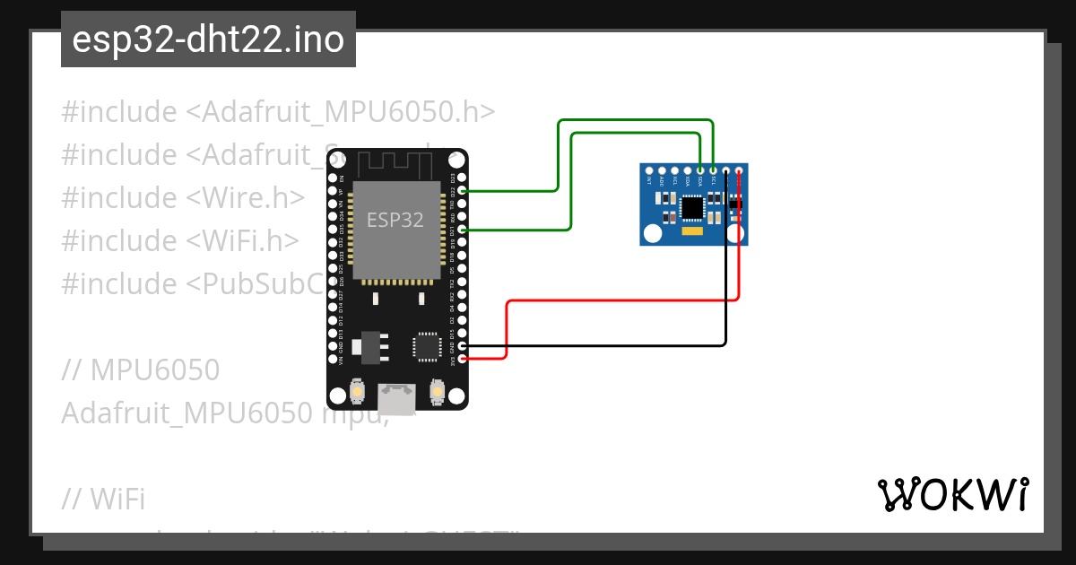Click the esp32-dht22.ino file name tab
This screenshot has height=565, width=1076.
[208, 40]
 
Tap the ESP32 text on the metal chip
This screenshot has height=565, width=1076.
[395, 220]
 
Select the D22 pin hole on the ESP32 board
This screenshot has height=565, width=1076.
[463, 190]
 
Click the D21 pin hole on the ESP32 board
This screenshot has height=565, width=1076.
[463, 230]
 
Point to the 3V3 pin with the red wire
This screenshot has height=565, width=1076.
[463, 359]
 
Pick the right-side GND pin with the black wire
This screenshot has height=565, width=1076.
[463, 345]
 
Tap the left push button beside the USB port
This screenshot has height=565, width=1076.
[357, 392]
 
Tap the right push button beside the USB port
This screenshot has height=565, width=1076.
[438, 392]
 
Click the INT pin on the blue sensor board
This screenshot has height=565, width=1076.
[649, 170]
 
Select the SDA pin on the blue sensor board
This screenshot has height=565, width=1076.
[700, 170]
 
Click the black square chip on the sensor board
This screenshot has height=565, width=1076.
[692, 208]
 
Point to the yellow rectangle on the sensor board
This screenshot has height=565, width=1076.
[692, 231]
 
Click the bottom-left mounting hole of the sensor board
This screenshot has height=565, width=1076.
[652, 235]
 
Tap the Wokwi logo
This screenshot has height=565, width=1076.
[952, 493]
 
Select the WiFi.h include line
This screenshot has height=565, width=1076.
[180, 240]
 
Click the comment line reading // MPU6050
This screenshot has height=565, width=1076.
[141, 369]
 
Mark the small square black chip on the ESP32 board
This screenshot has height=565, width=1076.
[427, 346]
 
